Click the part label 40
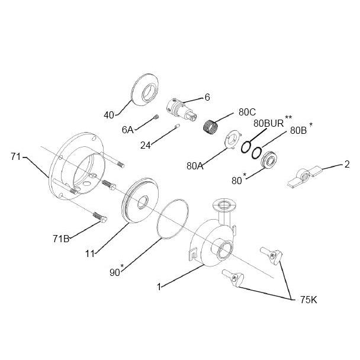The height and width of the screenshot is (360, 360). coord(108,115)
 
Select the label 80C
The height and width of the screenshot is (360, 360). coord(247,111)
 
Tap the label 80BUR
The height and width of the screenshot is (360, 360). coord(269,123)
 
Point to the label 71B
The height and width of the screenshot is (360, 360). coord(60,239)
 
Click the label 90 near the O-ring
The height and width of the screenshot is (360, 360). coord(115,272)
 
